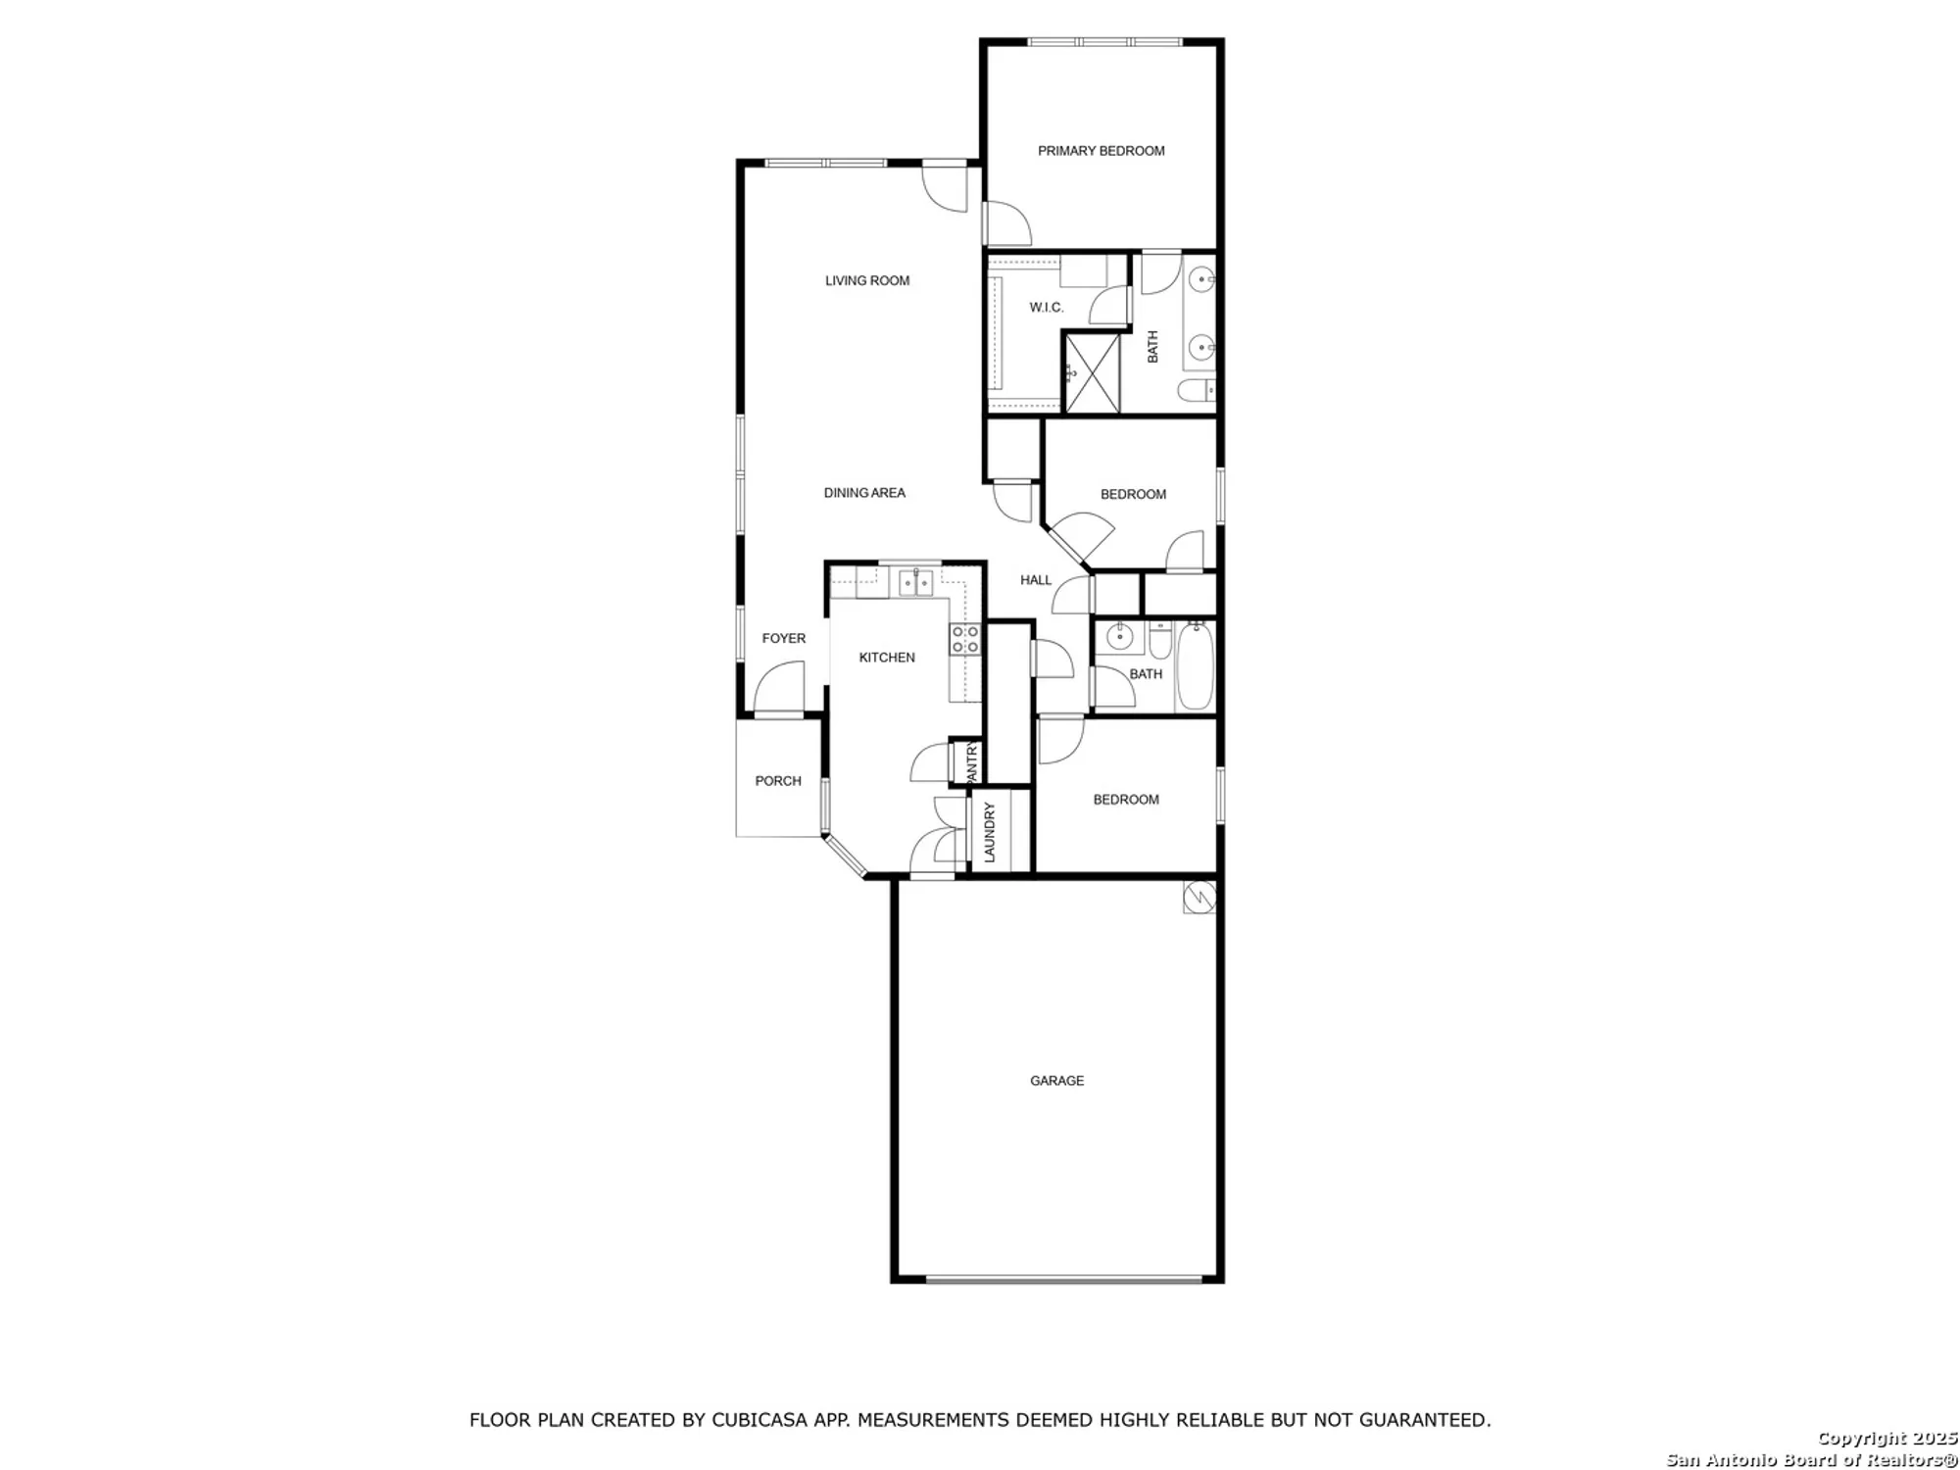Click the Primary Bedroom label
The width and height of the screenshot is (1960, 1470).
tap(1101, 151)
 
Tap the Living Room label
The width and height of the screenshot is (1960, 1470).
tap(867, 281)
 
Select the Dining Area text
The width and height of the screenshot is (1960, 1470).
tap(864, 493)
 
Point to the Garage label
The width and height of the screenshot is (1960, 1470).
tap(1056, 1081)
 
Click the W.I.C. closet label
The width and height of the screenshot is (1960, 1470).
tap(1046, 308)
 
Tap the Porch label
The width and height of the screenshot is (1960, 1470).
tap(778, 781)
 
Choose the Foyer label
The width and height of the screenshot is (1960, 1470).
tap(784, 639)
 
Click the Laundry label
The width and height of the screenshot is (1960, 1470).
tap(990, 832)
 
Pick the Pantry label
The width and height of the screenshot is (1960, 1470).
tap(972, 762)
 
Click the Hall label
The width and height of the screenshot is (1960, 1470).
tap(1036, 580)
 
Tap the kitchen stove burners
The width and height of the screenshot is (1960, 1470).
tap(965, 640)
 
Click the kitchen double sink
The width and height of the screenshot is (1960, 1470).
tap(916, 582)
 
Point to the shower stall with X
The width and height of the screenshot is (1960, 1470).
tap(1092, 372)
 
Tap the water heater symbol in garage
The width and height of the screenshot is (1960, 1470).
tap(1199, 897)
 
